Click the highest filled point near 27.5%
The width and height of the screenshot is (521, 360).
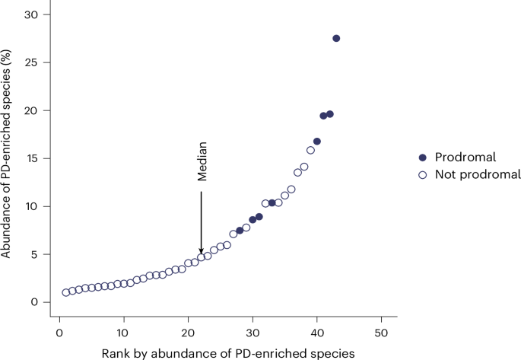click(x=336, y=38)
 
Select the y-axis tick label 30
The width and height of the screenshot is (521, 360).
click(x=31, y=14)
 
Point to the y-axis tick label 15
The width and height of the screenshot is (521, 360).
click(x=32, y=158)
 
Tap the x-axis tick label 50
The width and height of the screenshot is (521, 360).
click(x=381, y=333)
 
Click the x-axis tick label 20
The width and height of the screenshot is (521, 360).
click(x=188, y=333)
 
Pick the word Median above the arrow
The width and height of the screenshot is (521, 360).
click(x=202, y=161)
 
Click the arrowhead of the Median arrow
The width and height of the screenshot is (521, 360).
click(x=201, y=252)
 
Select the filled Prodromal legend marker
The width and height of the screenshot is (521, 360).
click(x=422, y=158)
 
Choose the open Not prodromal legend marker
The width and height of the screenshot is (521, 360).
click(x=422, y=175)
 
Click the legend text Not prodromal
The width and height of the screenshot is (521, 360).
click(x=478, y=174)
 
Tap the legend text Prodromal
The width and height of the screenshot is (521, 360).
click(x=465, y=157)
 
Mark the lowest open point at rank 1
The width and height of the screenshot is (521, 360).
click(x=65, y=292)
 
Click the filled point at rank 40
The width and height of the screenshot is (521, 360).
click(x=317, y=142)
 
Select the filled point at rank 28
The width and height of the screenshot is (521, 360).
click(x=240, y=231)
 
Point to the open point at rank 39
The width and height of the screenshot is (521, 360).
click(x=310, y=150)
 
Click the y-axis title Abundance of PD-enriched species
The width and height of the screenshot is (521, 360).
click(x=5, y=154)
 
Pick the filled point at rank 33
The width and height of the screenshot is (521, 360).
click(x=272, y=203)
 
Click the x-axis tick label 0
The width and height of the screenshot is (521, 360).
click(x=59, y=333)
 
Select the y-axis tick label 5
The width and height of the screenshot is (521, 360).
click(x=34, y=255)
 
